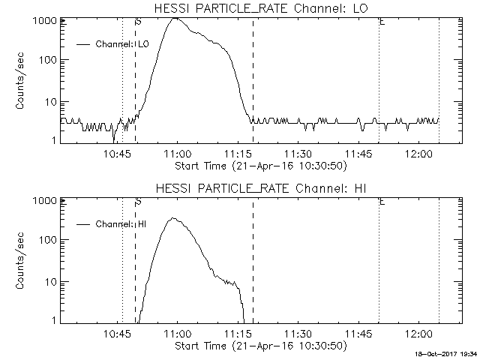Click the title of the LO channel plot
click(259, 8)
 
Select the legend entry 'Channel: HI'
click(121, 223)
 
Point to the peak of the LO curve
click(175, 18)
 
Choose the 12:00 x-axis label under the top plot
click(417, 154)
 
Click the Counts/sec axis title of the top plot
click(20, 81)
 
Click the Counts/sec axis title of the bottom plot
click(20, 260)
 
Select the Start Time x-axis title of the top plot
click(259, 166)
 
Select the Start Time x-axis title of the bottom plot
click(259, 346)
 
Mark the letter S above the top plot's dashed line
click(138, 22)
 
